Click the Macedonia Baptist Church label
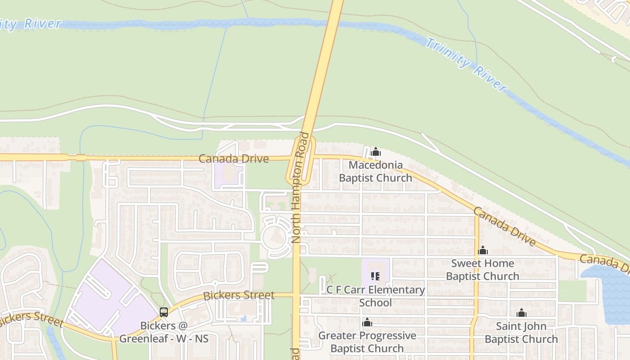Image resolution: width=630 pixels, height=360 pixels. (x=375, y=171)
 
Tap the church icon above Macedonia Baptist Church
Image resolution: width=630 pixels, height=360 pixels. (x=376, y=152)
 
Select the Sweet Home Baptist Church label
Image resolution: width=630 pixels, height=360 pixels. (x=482, y=270)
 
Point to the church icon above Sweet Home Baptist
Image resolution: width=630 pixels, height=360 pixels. (x=483, y=251)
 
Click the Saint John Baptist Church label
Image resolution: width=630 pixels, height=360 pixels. (x=521, y=333)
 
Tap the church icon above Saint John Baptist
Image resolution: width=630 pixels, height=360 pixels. (x=522, y=313)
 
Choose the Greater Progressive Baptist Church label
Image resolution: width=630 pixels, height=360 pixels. (x=367, y=342)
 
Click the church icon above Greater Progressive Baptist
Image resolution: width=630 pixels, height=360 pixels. (x=367, y=322)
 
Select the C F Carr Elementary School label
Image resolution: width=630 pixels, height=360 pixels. (x=376, y=296)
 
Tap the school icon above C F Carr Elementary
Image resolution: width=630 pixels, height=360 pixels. (x=375, y=276)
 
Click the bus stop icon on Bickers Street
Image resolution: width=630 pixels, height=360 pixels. (x=164, y=312)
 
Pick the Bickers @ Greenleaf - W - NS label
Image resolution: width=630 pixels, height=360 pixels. (x=174, y=332)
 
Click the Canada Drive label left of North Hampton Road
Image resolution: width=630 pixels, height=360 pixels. (x=234, y=158)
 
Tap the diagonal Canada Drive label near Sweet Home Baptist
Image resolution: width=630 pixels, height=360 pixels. (x=504, y=226)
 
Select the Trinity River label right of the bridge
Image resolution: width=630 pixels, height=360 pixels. (x=466, y=64)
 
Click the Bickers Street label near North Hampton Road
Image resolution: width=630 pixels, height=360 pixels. (x=239, y=296)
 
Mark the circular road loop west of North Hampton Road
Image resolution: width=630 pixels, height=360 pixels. (x=275, y=237)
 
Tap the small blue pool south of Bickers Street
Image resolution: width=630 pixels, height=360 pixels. (x=243, y=318)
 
